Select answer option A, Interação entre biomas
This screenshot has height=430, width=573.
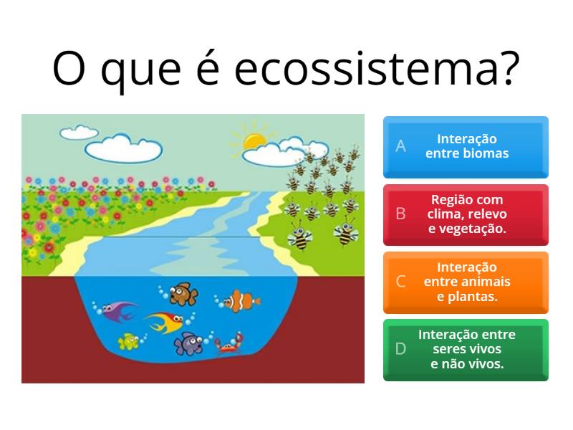(466, 147)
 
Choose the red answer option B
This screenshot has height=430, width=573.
(466, 215)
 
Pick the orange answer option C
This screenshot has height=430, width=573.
(466, 282)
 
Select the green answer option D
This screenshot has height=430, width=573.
(466, 350)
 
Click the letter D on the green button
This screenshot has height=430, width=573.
(400, 349)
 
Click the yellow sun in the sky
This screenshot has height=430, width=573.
(254, 141)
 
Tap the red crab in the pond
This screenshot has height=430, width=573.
(228, 344)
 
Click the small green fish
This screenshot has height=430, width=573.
(128, 341)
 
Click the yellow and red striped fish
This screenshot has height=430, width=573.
(165, 322)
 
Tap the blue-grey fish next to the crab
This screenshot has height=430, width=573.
(188, 343)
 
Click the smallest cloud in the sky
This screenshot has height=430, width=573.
(79, 133)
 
